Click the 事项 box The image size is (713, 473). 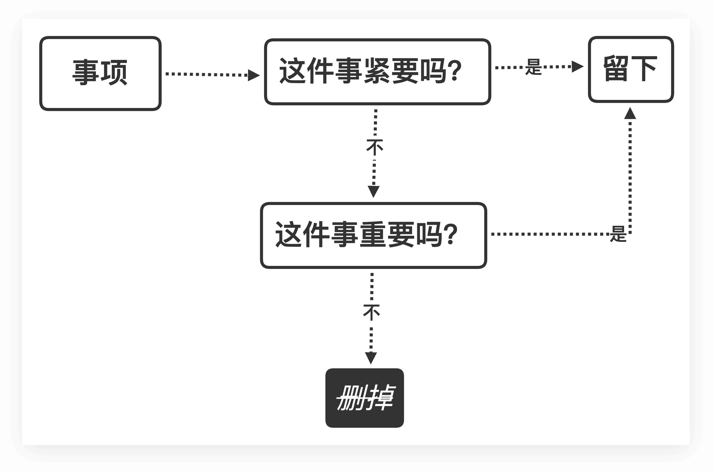pos(100,73)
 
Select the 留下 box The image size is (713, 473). pos(631,69)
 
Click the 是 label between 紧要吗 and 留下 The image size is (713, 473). pos(534,67)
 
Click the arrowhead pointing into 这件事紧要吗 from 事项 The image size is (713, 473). pos(254,75)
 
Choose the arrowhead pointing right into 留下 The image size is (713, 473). pos(577,67)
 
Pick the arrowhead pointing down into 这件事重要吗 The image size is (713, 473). pos(373,192)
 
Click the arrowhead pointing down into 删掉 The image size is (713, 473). pos(371,358)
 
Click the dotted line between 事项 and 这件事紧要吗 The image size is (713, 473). pos(205,74)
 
